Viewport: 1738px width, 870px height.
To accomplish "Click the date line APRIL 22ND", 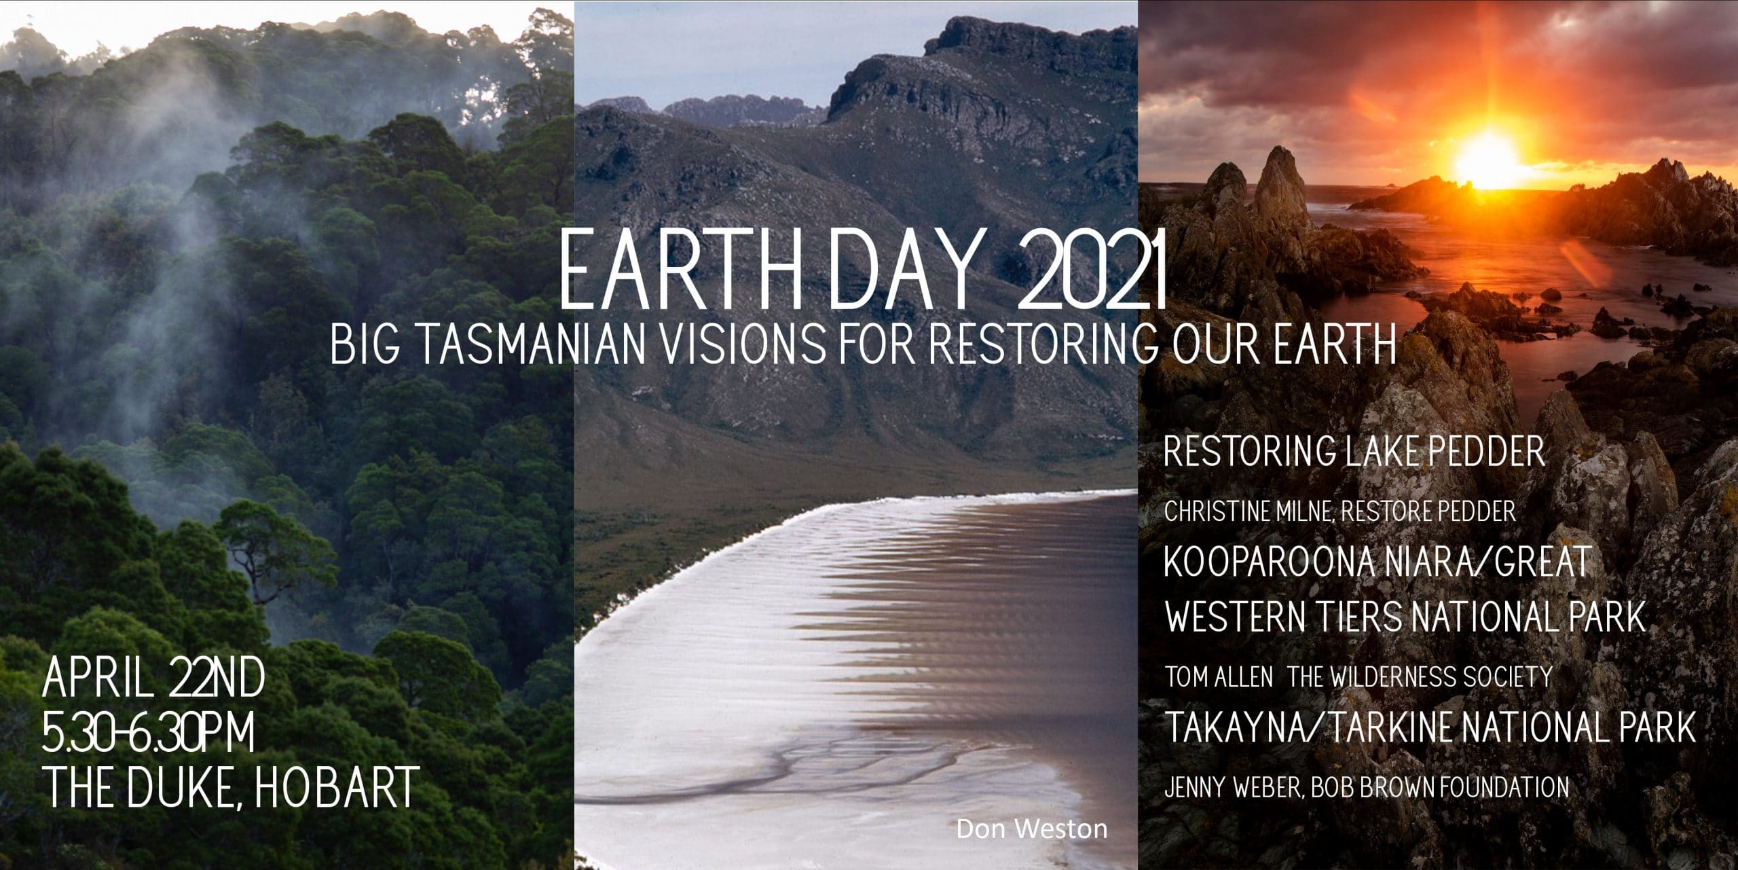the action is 153,681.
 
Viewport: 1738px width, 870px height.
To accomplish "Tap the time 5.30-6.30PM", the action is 149,732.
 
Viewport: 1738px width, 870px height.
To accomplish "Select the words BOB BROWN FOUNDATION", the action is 1429,788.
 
